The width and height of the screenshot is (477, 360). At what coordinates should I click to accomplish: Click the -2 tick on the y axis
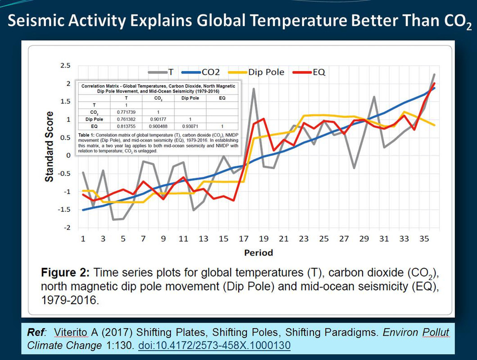tap(67, 228)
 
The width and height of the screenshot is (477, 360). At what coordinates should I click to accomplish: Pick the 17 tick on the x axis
tap(244, 238)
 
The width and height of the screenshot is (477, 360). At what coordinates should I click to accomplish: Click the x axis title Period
tap(259, 252)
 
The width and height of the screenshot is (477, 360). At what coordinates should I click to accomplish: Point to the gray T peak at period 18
tap(254, 89)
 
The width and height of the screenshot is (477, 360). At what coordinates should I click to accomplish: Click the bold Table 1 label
tap(88, 135)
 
